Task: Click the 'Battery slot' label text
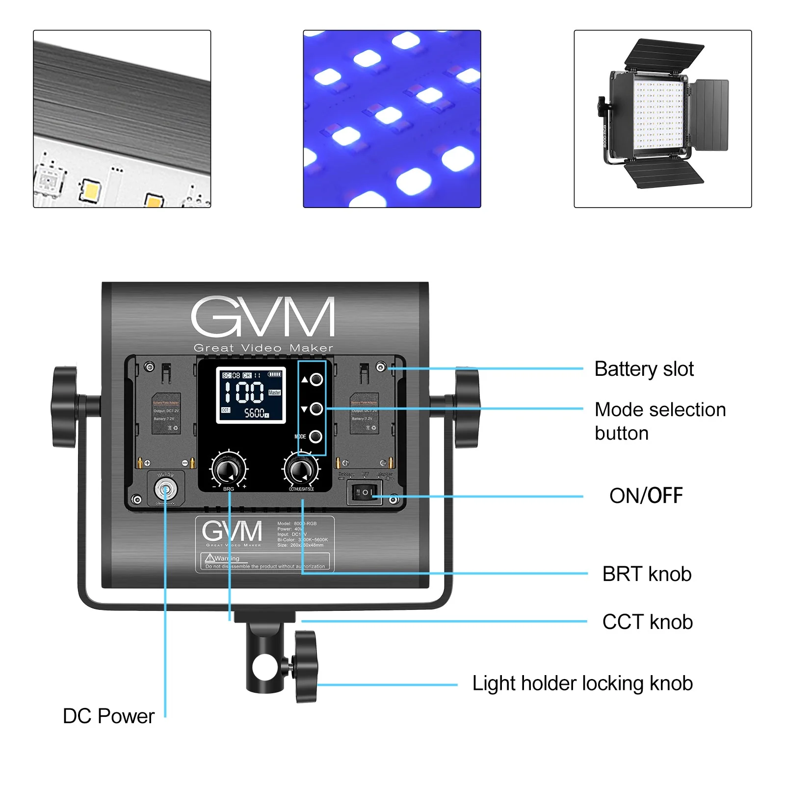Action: (644, 369)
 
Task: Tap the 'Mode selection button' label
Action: (659, 421)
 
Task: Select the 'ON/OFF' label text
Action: (646, 496)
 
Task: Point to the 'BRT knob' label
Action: (647, 574)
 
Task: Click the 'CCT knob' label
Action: (647, 622)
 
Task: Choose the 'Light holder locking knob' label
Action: (582, 683)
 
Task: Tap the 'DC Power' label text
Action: (108, 716)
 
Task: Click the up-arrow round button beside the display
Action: (316, 379)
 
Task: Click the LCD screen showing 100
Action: (251, 394)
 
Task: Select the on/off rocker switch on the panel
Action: (365, 492)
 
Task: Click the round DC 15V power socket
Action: (165, 489)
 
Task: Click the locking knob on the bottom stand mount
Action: (307, 666)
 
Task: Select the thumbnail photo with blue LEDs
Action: (392, 119)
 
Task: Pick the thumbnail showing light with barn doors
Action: (662, 119)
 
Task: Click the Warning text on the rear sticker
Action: (227, 558)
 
